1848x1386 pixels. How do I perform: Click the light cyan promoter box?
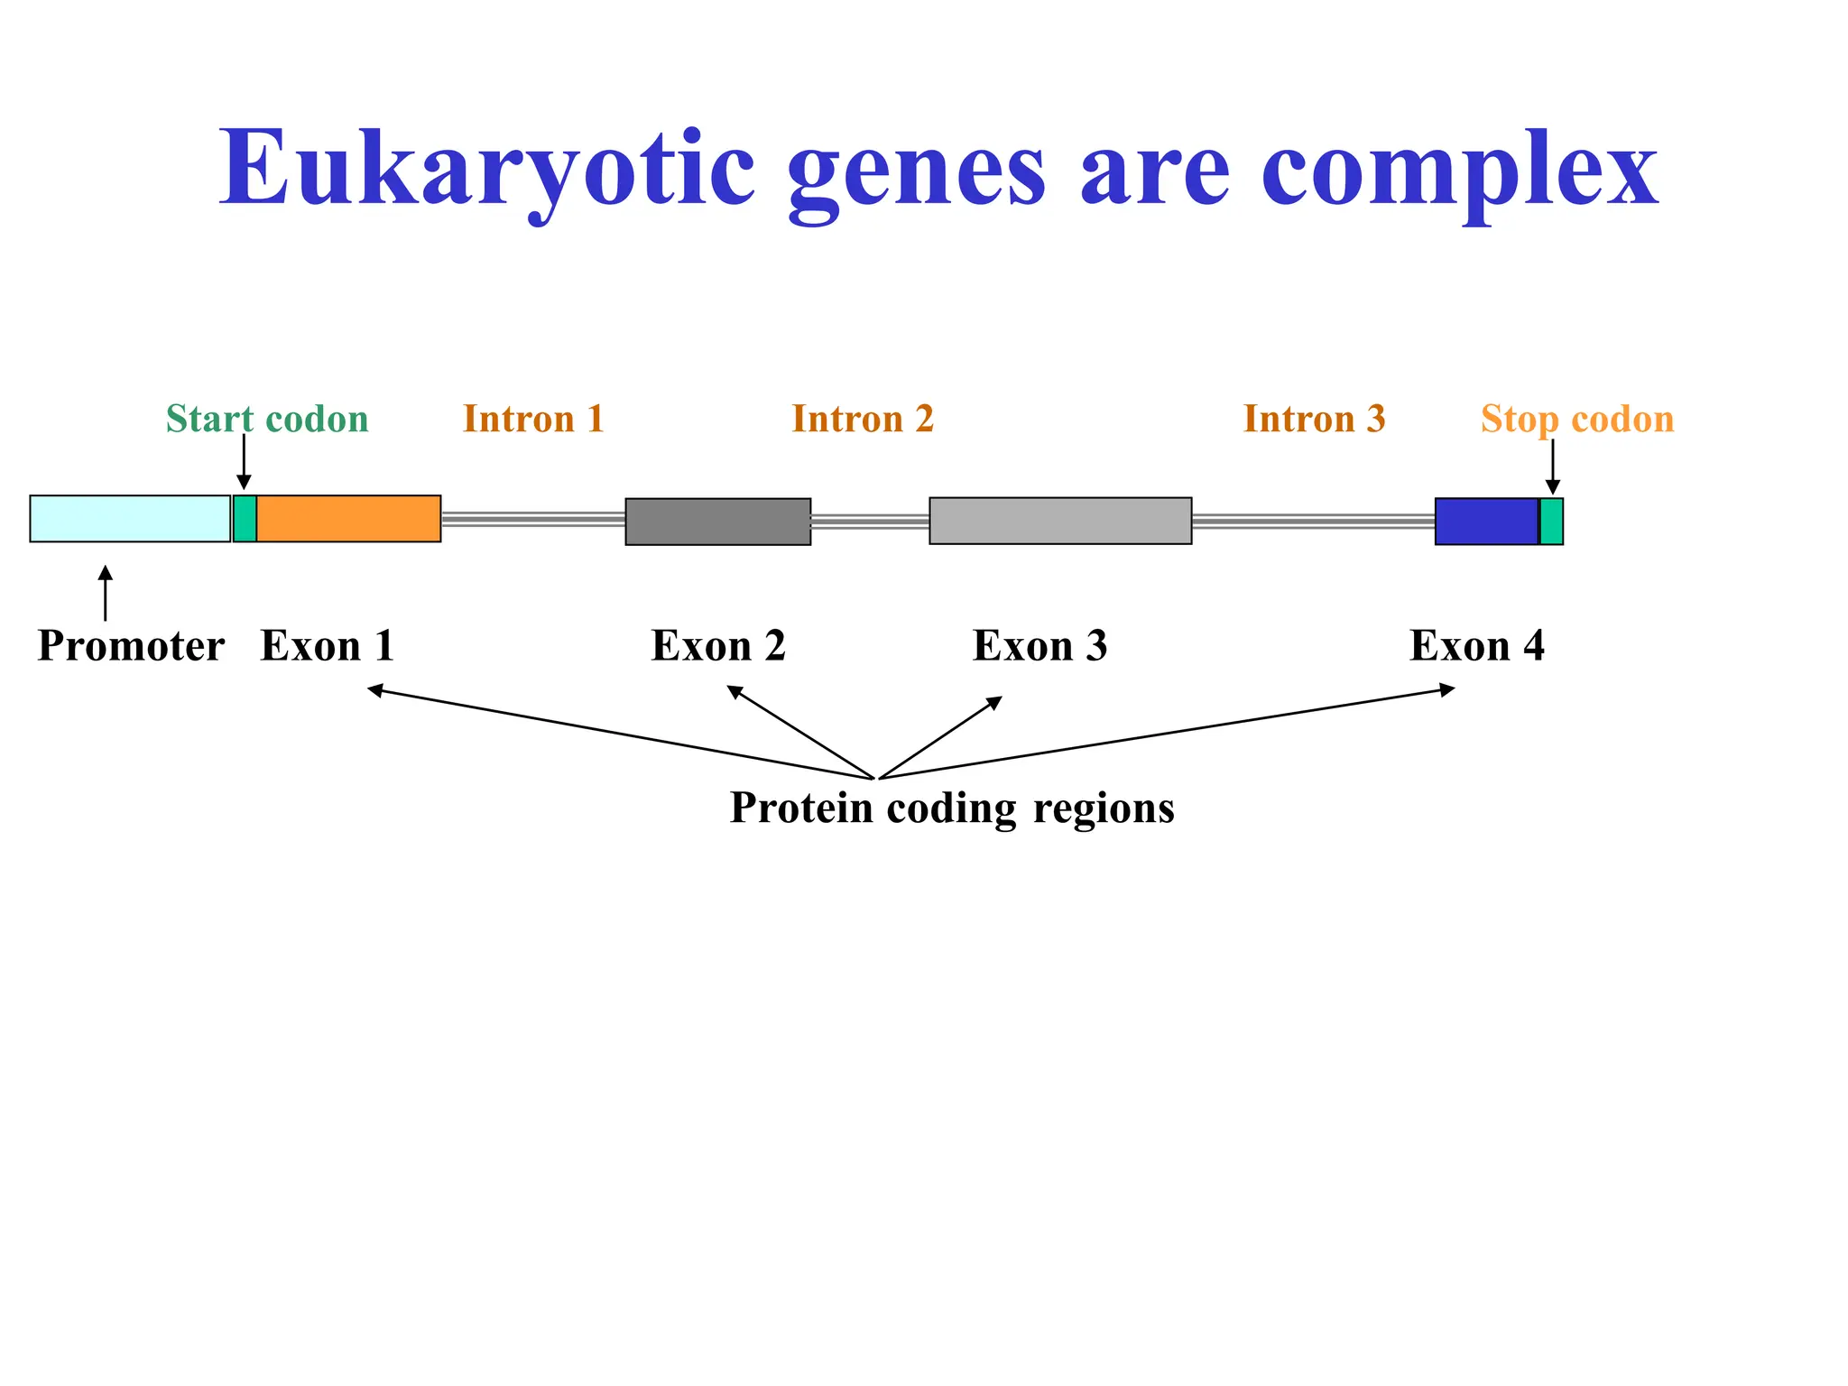pyautogui.click(x=130, y=519)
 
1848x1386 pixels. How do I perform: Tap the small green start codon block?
pyautogui.click(x=245, y=519)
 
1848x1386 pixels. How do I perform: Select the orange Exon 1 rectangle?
pyautogui.click(x=348, y=519)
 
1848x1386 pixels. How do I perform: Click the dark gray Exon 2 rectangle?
pyautogui.click(x=718, y=522)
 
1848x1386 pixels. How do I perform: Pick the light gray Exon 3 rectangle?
pyautogui.click(x=1060, y=521)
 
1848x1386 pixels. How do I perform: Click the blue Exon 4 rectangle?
pyautogui.click(x=1486, y=522)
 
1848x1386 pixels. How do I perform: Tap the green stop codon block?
pyautogui.click(x=1551, y=522)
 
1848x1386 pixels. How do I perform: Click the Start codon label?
pyautogui.click(x=267, y=420)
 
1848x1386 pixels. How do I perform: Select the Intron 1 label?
pyautogui.click(x=533, y=420)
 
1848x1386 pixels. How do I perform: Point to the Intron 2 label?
pyautogui.click(x=863, y=420)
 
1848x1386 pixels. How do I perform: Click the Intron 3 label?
pyautogui.click(x=1314, y=420)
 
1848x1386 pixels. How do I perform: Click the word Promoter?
pyautogui.click(x=131, y=646)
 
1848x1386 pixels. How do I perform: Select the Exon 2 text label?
pyautogui.click(x=718, y=646)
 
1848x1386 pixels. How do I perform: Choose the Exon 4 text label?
pyautogui.click(x=1477, y=646)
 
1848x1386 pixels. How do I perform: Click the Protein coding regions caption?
pyautogui.click(x=952, y=808)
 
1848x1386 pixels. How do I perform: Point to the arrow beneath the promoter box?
pyautogui.click(x=106, y=593)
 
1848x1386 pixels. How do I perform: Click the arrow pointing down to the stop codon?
pyautogui.click(x=1552, y=467)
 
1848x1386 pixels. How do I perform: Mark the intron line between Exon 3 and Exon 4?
pyautogui.click(x=1313, y=521)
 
